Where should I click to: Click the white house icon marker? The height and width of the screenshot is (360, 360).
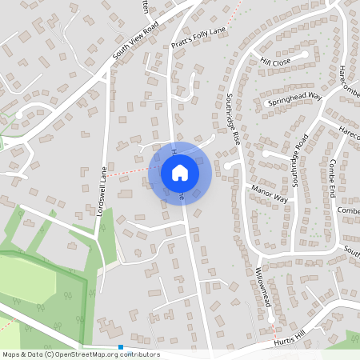[x=180, y=172]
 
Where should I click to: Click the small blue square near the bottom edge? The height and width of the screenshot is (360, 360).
[x=120, y=347]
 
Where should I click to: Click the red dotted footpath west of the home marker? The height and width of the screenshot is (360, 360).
[x=128, y=172]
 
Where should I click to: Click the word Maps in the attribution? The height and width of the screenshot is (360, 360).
[x=11, y=354]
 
